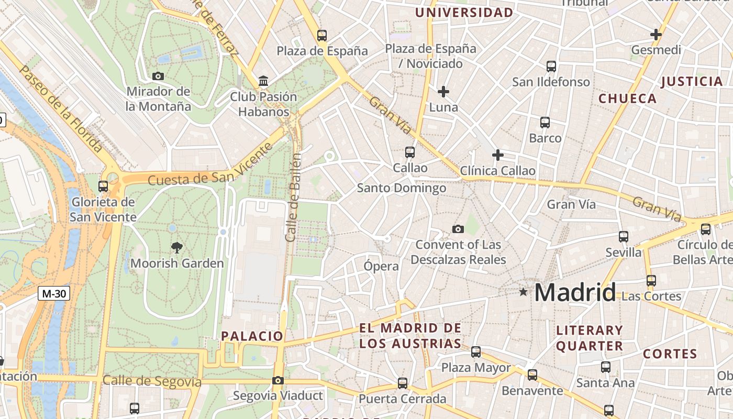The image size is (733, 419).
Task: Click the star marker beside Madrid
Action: click(523, 292)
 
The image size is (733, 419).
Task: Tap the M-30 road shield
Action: click(54, 293)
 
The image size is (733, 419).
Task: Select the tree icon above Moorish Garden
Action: click(177, 248)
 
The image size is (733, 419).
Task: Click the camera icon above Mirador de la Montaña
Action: click(158, 76)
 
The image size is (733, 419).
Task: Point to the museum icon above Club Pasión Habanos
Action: click(263, 81)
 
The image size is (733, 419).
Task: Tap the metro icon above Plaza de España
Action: click(322, 36)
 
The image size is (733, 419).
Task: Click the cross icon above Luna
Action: click(443, 92)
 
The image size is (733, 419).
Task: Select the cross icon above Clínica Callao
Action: click(498, 155)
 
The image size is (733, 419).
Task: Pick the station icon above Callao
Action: click(410, 152)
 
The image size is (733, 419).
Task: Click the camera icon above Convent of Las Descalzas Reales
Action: click(458, 229)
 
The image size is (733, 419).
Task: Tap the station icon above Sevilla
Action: click(624, 237)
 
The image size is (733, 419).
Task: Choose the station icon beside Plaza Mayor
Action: click(476, 352)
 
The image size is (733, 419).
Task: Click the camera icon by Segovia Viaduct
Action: click(278, 381)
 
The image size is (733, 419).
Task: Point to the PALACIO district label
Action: click(252, 336)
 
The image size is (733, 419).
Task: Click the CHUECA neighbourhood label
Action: click(627, 98)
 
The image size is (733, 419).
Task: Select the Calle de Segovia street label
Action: click(152, 381)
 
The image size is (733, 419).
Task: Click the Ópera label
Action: click(381, 266)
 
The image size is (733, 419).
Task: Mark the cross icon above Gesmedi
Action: click(656, 35)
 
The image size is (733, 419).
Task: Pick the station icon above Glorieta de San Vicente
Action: click(103, 186)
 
